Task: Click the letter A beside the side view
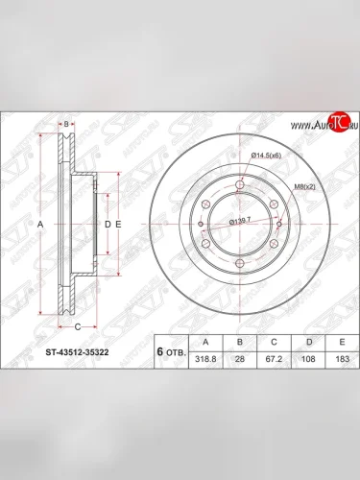point(40,223)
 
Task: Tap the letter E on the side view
point(118,223)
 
